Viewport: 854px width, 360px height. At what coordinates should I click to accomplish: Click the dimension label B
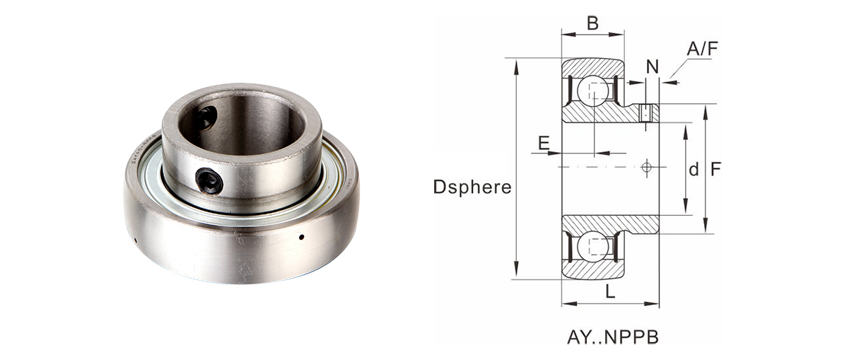pos(592,23)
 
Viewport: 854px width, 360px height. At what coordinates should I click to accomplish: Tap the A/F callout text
pos(703,49)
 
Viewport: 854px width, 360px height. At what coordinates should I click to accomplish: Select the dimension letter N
pos(653,66)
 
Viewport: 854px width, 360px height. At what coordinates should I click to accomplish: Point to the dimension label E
pos(544,143)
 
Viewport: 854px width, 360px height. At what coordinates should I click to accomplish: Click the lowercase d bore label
pos(694,169)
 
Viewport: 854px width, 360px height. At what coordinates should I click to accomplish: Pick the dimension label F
pos(715,169)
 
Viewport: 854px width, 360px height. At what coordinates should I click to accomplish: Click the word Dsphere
pos(472,187)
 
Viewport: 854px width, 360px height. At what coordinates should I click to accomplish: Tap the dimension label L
pos(610,292)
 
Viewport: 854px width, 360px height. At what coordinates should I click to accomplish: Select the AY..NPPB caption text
pos(613,337)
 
